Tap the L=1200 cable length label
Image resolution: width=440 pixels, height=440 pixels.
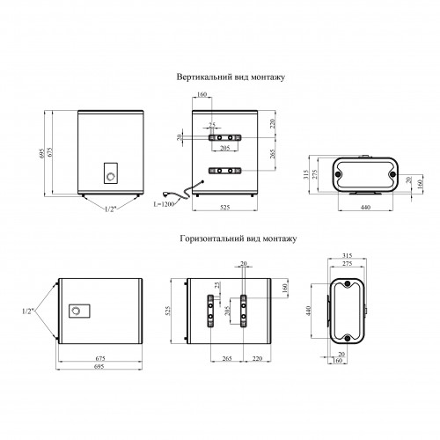pyautogui.click(x=164, y=204)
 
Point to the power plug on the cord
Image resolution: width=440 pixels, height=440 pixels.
pyautogui.click(x=166, y=194)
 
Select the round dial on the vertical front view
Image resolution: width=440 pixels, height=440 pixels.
pyautogui.click(x=111, y=177)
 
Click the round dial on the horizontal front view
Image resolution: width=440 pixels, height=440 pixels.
pyautogui.click(x=76, y=311)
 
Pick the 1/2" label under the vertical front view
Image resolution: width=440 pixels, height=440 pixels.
pyautogui.click(x=111, y=209)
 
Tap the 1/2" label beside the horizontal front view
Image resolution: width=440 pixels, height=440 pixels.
pyautogui.click(x=28, y=312)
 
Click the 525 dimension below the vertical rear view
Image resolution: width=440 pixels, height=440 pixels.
pyautogui.click(x=224, y=207)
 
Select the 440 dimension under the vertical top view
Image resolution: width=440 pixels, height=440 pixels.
pyautogui.click(x=365, y=207)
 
